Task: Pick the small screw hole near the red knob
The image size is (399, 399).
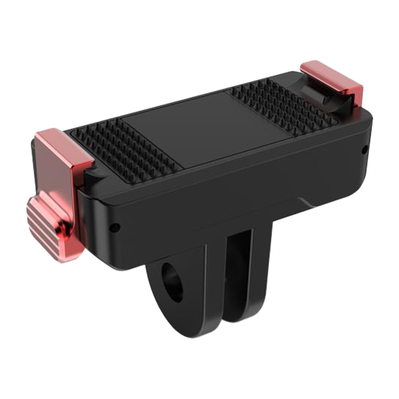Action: [114, 227]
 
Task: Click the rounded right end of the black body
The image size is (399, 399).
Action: [367, 150]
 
